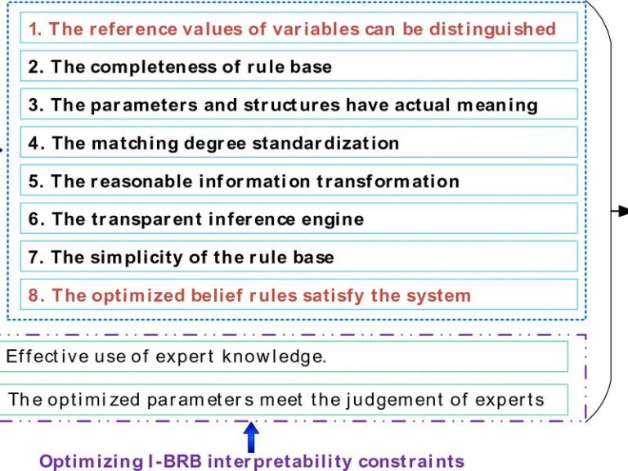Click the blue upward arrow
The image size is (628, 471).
(251, 437)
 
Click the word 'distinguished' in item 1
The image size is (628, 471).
(492, 29)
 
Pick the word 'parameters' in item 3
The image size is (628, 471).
(144, 105)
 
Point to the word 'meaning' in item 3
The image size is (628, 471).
(497, 105)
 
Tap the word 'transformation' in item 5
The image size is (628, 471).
(388, 182)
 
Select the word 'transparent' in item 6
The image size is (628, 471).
(146, 219)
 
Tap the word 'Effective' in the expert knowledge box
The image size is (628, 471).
(47, 356)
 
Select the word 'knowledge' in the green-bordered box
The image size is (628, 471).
(273, 357)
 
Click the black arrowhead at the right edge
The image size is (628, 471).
(623, 211)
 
